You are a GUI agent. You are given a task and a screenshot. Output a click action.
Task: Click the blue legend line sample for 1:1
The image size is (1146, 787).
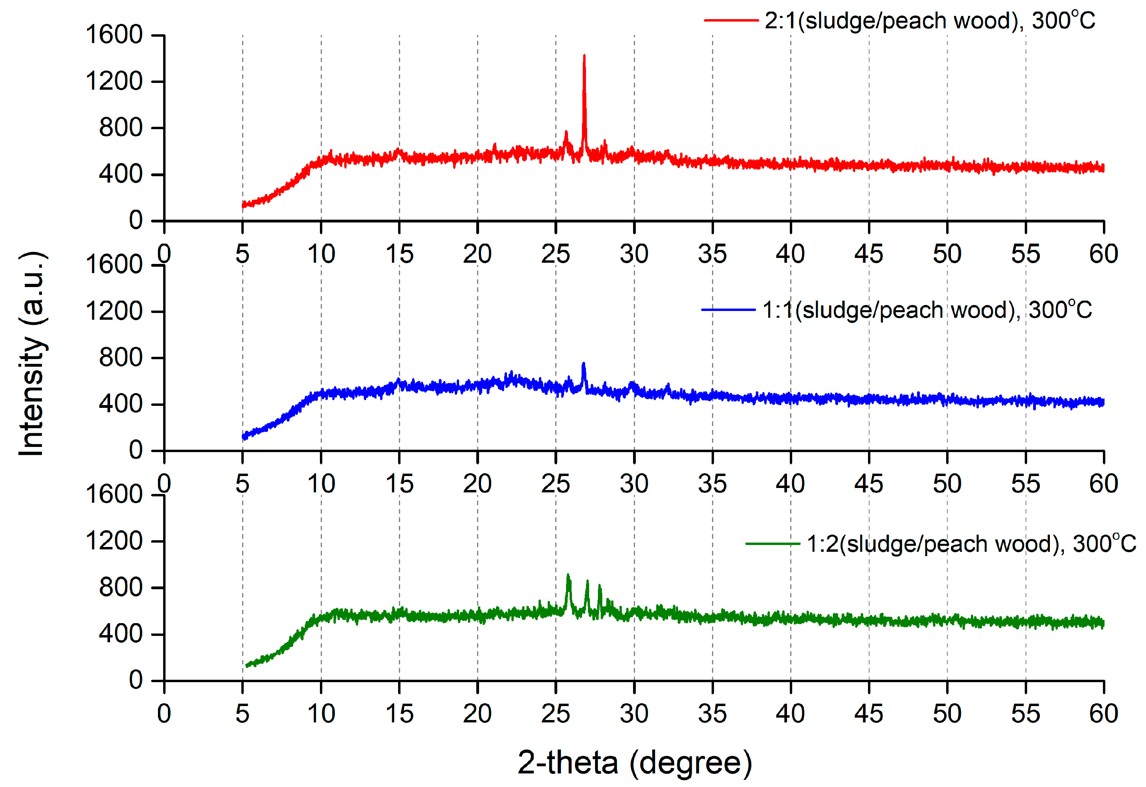(x=728, y=310)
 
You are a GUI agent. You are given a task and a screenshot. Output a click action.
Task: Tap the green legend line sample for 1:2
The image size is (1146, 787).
(x=773, y=543)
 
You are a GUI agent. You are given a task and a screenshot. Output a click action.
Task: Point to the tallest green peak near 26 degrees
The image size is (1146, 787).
(x=568, y=575)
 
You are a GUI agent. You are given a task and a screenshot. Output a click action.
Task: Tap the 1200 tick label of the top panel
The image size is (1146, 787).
(x=114, y=81)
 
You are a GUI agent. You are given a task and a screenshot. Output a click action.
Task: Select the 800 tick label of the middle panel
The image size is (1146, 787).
(x=120, y=358)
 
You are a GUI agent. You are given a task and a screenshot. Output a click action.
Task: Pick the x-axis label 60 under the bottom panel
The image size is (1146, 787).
(x=1104, y=714)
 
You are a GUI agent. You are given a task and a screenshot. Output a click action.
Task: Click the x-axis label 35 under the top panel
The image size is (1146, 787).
(x=712, y=254)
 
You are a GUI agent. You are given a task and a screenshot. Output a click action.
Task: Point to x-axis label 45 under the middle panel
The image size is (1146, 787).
(x=868, y=484)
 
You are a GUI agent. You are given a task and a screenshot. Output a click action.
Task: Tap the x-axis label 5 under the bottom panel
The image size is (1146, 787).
(x=242, y=714)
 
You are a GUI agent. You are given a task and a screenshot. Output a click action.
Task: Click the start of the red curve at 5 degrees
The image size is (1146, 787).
(x=244, y=205)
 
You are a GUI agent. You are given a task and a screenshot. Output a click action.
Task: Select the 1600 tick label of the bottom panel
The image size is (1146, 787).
(x=114, y=495)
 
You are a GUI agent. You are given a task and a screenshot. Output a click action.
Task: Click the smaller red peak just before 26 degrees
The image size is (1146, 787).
(x=566, y=132)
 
